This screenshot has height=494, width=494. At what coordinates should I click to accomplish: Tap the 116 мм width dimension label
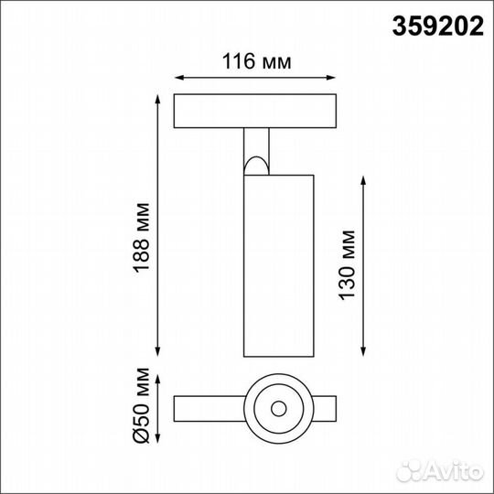coord(257,62)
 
